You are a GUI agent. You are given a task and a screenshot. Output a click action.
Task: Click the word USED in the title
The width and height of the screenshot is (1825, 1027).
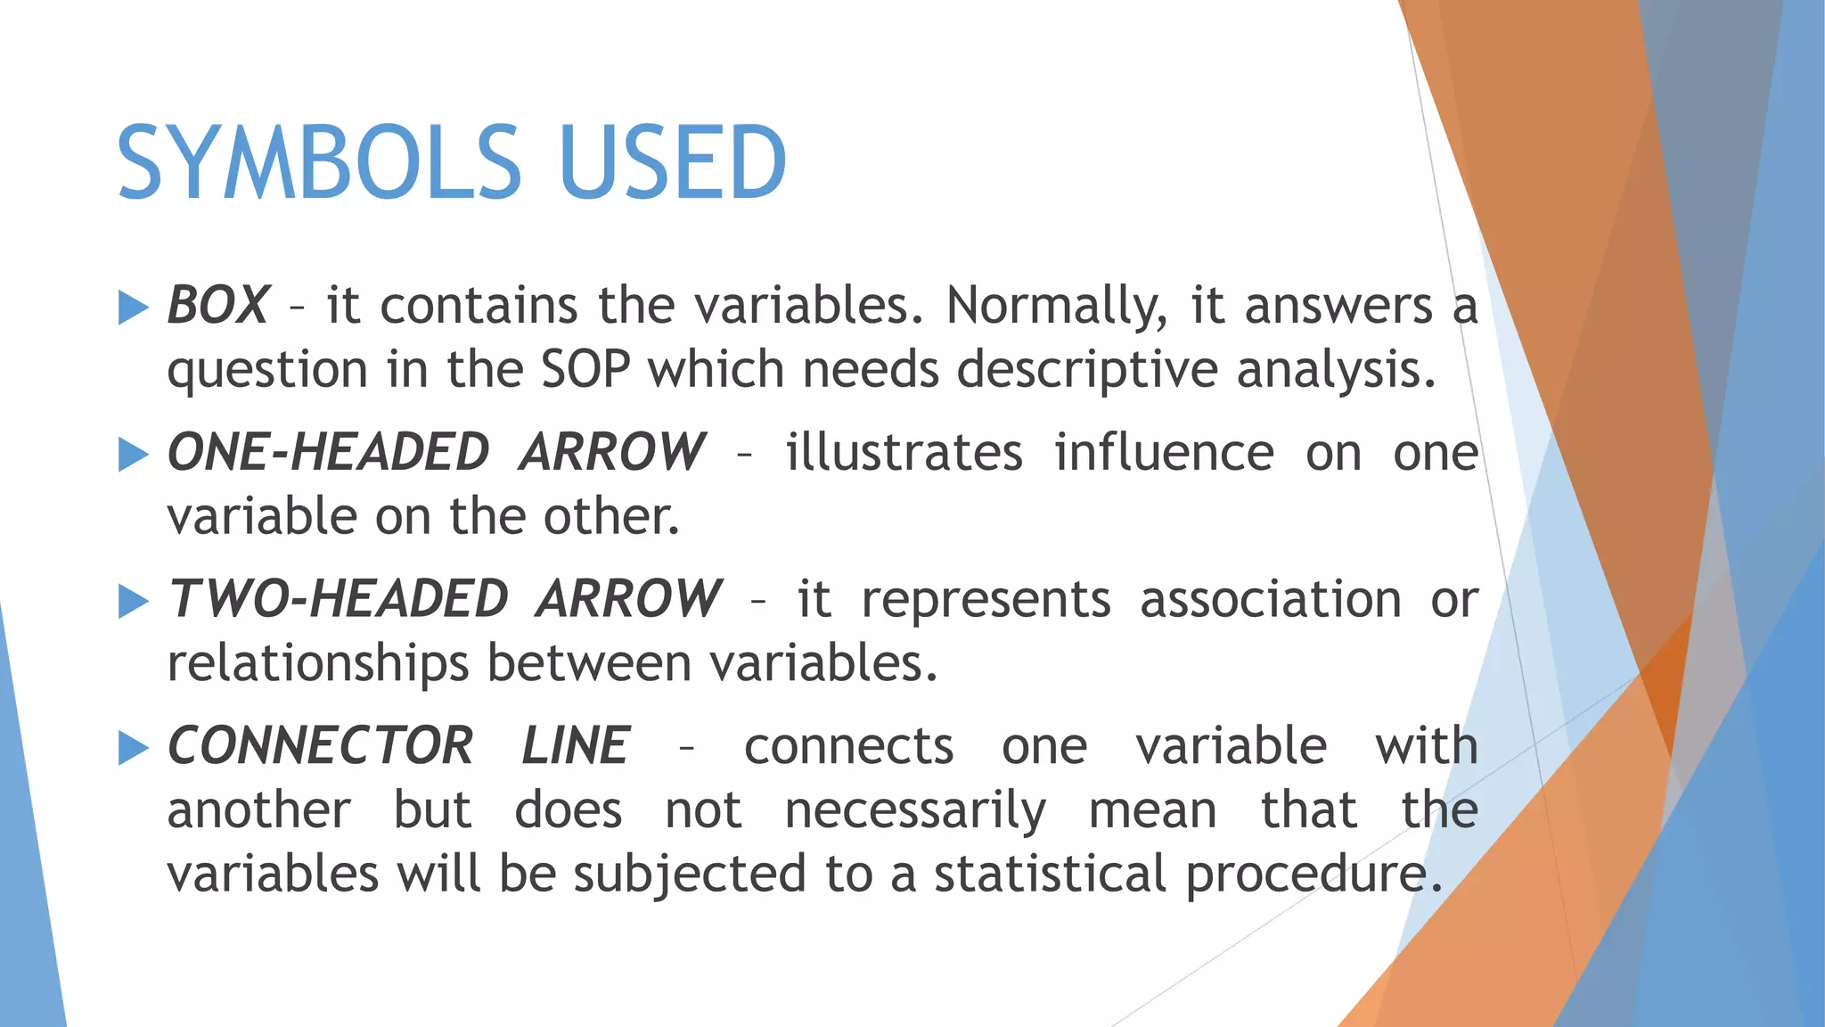coord(673,162)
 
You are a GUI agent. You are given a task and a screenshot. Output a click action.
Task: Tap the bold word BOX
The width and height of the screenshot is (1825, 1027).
coord(217,306)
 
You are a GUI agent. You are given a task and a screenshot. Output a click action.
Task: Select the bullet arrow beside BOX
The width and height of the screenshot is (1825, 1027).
coord(133,308)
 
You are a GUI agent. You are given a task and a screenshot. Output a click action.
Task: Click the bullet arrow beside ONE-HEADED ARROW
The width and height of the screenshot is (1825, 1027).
coord(133,455)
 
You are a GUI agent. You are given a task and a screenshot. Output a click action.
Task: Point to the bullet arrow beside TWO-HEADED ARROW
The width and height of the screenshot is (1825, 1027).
coord(133,601)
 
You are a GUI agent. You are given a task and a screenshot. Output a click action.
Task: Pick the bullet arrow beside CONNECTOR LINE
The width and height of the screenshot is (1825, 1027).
coord(133,748)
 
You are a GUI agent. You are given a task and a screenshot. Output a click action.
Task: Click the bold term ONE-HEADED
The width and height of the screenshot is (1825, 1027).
coord(328,452)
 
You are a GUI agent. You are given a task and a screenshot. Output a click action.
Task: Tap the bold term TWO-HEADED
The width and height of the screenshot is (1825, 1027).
coord(339,598)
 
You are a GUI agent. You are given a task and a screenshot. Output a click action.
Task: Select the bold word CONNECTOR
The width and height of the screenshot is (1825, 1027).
coord(320,745)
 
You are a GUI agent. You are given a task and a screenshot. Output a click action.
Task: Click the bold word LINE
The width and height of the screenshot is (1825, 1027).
coord(576,745)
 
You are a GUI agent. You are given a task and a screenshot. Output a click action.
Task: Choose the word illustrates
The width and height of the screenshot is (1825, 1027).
coord(904,452)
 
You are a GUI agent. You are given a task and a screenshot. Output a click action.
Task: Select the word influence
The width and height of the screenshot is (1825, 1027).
coord(1164,452)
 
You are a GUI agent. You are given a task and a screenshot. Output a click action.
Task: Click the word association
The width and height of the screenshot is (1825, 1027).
coord(1271,599)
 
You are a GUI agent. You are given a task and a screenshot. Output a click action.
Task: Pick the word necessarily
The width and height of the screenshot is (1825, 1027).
coord(915,811)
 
